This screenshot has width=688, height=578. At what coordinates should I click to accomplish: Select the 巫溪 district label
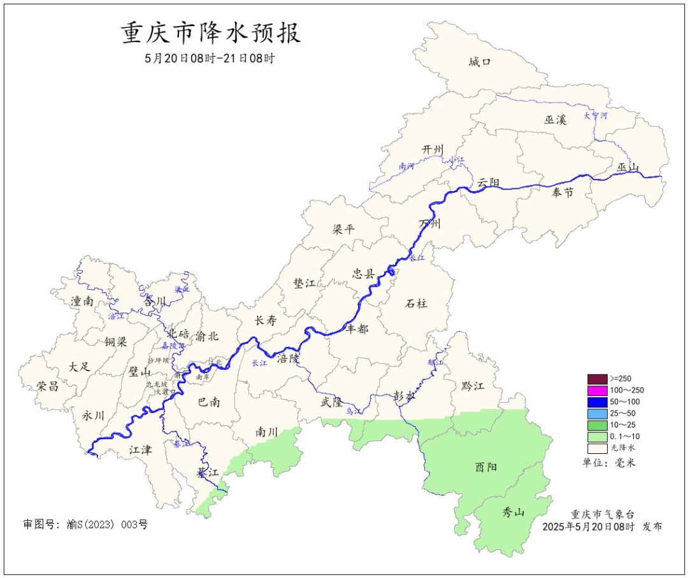555,120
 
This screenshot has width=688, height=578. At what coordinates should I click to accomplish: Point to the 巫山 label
627,167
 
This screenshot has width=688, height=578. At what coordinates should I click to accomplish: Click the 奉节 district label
563,192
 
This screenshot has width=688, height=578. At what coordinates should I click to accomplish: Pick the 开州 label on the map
432,150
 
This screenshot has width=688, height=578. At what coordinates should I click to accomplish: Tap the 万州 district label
430,223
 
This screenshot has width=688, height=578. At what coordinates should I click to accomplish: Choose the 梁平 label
343,229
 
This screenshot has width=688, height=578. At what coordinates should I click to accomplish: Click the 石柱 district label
416,304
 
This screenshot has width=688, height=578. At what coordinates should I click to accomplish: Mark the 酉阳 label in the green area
485,467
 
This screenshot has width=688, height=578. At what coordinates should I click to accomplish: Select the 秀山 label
513,511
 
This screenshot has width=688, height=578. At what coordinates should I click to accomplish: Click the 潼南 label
82,302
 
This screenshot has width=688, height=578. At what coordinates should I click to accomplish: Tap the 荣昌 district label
47,386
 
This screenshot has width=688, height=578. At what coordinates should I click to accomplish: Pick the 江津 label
140,450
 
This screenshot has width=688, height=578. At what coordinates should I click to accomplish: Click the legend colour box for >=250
597,379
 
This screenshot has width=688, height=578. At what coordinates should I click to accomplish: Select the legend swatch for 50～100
597,402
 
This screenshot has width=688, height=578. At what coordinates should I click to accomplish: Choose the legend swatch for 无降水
597,448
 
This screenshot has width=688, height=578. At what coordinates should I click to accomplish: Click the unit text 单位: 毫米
609,463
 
